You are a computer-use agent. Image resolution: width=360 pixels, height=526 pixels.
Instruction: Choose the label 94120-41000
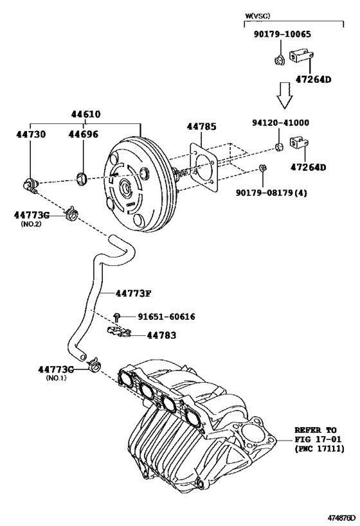(280, 122)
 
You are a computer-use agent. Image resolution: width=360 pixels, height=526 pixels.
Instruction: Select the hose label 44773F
(133, 294)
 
